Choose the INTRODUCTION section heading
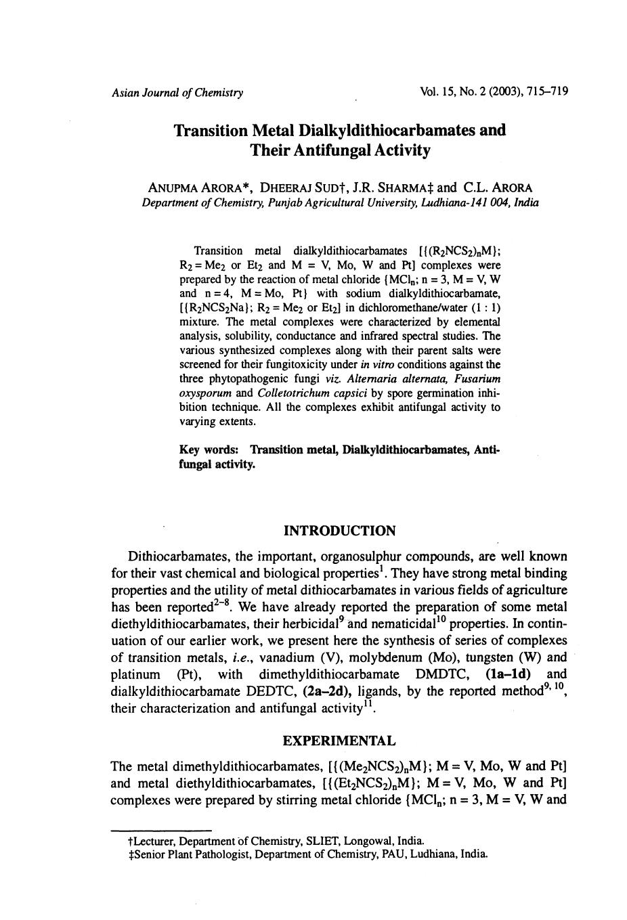coord(339,531)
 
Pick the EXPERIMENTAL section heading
coord(339,741)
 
